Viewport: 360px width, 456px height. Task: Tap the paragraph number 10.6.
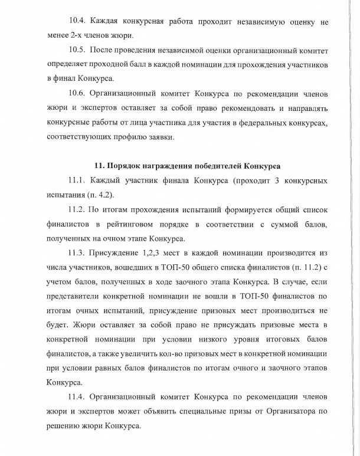click(x=78, y=94)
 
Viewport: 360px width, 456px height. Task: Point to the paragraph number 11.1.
click(x=77, y=180)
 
